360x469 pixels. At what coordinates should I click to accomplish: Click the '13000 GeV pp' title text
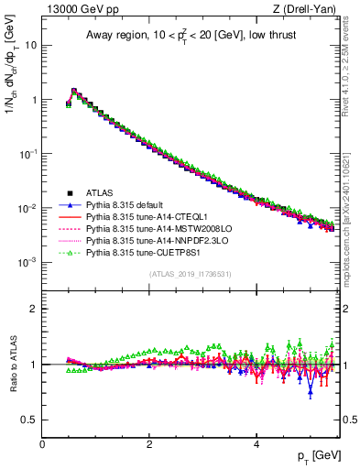click(78, 10)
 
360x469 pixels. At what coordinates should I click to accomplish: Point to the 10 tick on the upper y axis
click(31, 45)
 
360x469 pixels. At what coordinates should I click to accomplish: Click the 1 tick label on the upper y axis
click(33, 100)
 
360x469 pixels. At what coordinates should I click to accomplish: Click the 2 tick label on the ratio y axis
click(33, 309)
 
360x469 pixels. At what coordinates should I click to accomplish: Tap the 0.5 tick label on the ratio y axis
click(29, 420)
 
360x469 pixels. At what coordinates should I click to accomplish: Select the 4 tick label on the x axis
click(256, 444)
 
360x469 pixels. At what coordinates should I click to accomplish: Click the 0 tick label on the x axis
click(42, 444)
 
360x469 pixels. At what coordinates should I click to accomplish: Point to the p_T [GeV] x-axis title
click(317, 456)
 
